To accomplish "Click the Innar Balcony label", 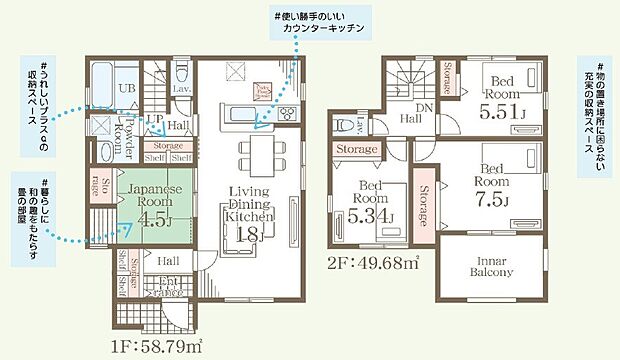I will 490,265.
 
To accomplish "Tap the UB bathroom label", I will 127,90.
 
